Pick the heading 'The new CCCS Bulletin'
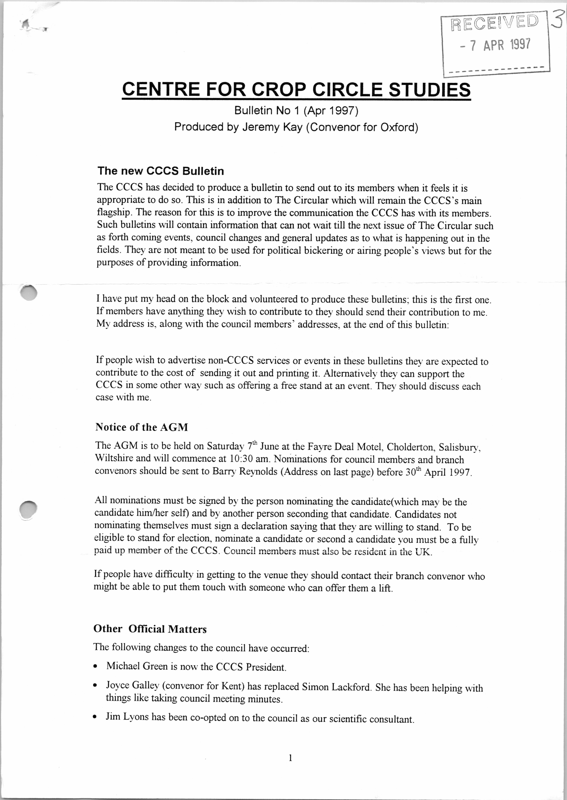(161, 171)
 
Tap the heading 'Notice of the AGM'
(142, 427)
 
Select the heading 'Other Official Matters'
(150, 629)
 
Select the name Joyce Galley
(133, 686)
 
